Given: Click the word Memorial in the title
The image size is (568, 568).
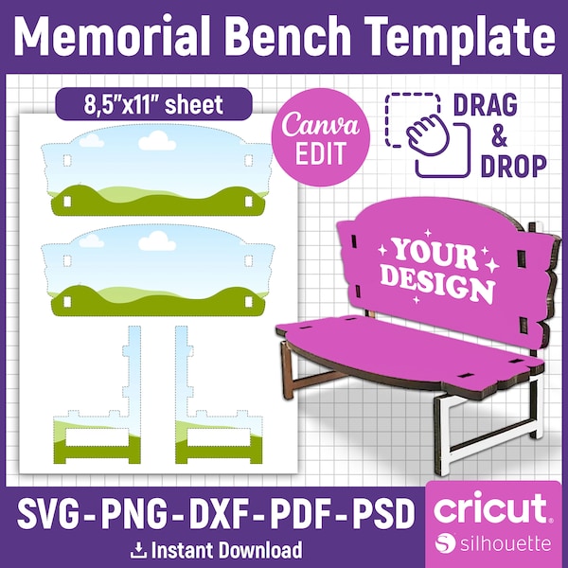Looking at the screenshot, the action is pyautogui.click(x=113, y=36).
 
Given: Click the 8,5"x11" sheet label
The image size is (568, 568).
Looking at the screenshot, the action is pyautogui.click(x=153, y=104).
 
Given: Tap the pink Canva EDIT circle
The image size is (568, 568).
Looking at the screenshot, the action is pyautogui.click(x=321, y=137).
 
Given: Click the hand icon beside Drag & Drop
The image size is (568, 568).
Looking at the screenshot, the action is pyautogui.click(x=428, y=135).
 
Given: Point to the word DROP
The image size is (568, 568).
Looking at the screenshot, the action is pyautogui.click(x=514, y=167).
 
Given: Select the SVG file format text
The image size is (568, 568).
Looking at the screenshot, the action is pyautogui.click(x=48, y=513).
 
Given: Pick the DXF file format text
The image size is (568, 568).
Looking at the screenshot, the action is pyautogui.click(x=221, y=513).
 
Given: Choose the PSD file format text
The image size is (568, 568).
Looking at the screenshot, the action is pyautogui.click(x=384, y=513).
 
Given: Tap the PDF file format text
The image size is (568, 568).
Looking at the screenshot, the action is pyautogui.click(x=302, y=513).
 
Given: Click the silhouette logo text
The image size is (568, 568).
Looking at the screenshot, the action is pyautogui.click(x=506, y=543).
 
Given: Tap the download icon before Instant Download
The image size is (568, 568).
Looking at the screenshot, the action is pyautogui.click(x=138, y=551).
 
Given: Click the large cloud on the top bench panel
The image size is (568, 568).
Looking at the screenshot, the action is pyautogui.click(x=157, y=140).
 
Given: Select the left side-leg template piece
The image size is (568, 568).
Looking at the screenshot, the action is pyautogui.click(x=98, y=395).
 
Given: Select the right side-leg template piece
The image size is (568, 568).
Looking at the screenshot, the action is pyautogui.click(x=219, y=395).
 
